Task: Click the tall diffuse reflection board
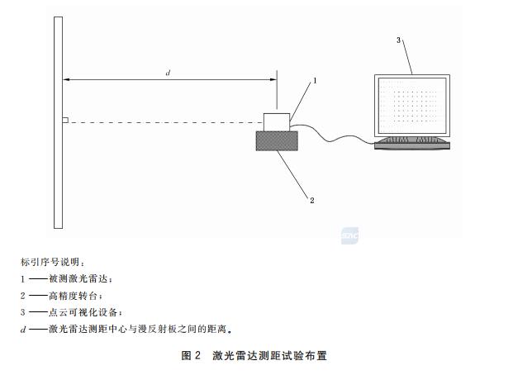[x=58, y=122]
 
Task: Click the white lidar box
[x=277, y=122]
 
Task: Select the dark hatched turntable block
[x=277, y=140]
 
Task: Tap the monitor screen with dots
[x=412, y=106]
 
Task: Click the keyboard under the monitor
[x=412, y=144]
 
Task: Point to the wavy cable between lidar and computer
[x=332, y=135]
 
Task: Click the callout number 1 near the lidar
[x=315, y=80]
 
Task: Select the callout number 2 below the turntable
[x=311, y=200]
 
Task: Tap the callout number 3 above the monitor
[x=398, y=40]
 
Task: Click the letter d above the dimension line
[x=168, y=73]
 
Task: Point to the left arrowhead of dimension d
[x=66, y=79]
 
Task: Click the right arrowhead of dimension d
[x=273, y=79]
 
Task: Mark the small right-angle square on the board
[x=65, y=120]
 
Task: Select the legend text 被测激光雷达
[x=78, y=279]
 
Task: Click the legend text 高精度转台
[x=74, y=296]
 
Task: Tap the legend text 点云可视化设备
[x=83, y=312]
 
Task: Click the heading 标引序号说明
[x=50, y=262]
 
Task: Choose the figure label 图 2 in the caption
[x=190, y=355]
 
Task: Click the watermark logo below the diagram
[x=349, y=235]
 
